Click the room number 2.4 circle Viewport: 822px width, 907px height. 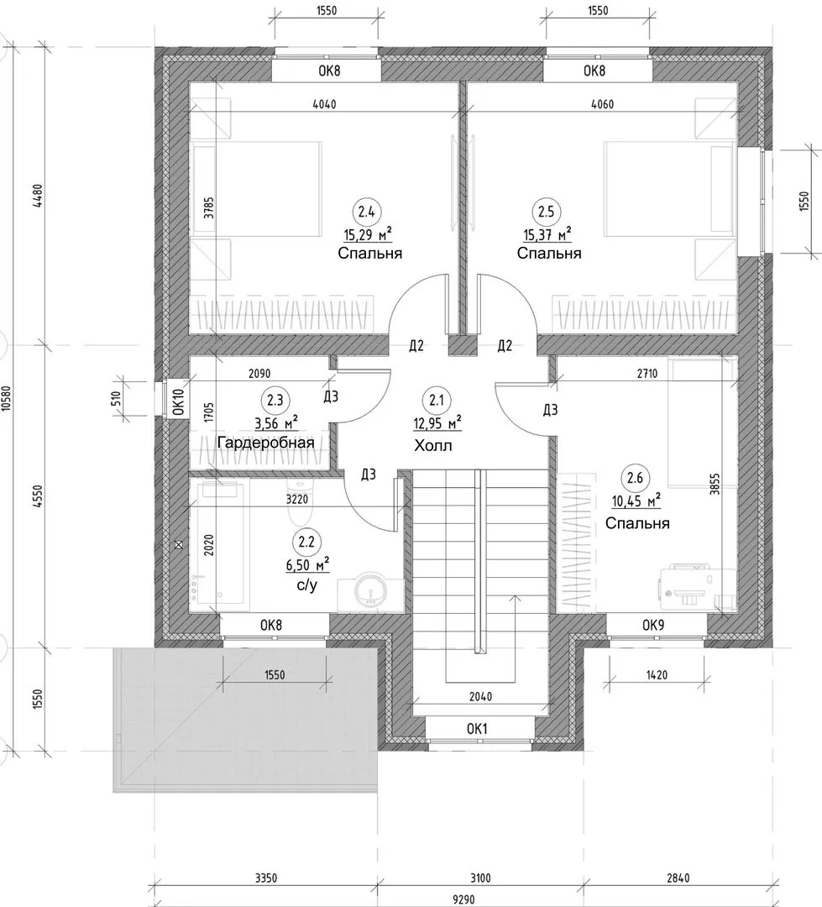tap(366, 212)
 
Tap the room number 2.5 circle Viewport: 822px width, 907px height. tap(546, 212)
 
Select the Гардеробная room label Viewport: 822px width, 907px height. tap(265, 443)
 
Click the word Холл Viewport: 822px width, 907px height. tap(433, 446)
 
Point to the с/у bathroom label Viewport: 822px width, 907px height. tap(307, 585)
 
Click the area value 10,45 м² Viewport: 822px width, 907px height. tap(636, 501)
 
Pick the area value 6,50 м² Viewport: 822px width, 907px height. tap(308, 564)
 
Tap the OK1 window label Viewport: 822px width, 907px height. tap(477, 729)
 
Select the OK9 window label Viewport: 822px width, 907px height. tap(653, 626)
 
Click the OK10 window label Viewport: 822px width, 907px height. tap(179, 402)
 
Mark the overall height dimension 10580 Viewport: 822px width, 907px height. tap(7, 399)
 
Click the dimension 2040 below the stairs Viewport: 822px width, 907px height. tap(481, 697)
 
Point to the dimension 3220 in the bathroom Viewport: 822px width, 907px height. tap(297, 499)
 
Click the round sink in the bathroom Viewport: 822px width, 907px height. tap(371, 591)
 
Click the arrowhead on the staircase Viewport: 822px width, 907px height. tap(512, 598)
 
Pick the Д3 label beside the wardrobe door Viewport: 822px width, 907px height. tap(330, 396)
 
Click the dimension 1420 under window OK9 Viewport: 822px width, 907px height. tap(657, 675)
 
